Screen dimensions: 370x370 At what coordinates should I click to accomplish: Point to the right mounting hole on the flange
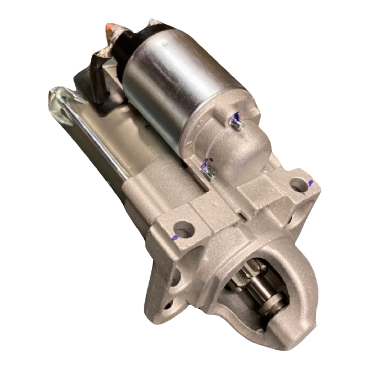297,184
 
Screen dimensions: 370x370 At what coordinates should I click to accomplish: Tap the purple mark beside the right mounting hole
311,183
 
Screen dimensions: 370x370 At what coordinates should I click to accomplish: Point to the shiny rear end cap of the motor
60,100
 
